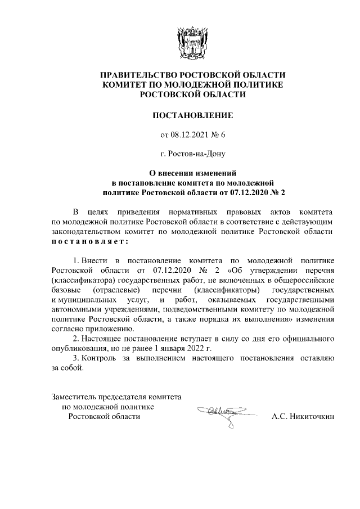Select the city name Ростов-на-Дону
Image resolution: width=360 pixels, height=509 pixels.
(x=193, y=152)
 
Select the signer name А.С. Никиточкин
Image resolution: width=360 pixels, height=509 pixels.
(x=303, y=417)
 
